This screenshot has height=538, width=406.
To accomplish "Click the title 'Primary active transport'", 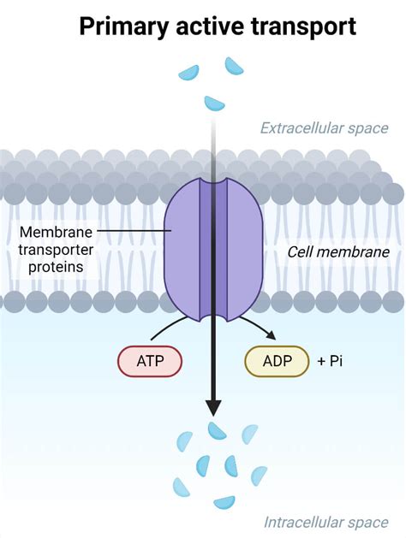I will click(x=218, y=27).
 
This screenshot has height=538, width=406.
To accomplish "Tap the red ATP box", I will click(x=149, y=362).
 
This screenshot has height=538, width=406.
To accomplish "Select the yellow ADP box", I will click(x=277, y=362).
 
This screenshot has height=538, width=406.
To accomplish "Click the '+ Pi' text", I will click(x=330, y=362).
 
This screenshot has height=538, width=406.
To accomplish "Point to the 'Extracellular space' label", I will click(x=325, y=128).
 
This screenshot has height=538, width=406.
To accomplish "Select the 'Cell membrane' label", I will click(x=338, y=251).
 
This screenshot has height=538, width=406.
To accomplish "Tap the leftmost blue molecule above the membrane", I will click(x=188, y=72).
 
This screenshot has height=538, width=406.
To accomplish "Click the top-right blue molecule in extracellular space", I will click(x=234, y=66).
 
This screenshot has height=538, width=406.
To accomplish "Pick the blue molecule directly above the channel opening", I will click(x=214, y=103).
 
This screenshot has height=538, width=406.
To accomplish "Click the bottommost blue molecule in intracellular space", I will click(x=224, y=503).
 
